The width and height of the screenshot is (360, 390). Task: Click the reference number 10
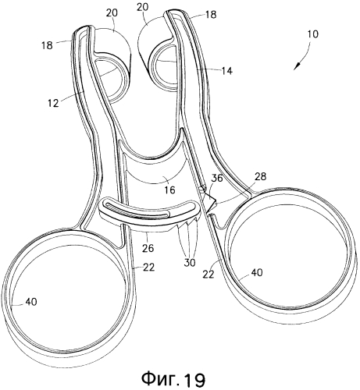313,34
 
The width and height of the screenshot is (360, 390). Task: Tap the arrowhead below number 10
297,66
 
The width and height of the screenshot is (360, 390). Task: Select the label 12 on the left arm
53,103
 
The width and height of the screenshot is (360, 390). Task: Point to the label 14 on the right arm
226,70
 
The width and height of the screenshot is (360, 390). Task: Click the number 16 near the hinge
169,190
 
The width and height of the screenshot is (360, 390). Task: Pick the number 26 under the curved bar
148,248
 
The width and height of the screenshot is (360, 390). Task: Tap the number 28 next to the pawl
261,176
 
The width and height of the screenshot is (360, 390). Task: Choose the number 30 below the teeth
190,263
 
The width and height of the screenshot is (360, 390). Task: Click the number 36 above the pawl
217,179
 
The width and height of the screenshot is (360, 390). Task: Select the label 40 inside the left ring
31,302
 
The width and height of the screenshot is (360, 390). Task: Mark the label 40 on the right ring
257,272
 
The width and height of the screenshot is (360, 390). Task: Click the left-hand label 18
47,45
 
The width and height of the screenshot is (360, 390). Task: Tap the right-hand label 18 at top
211,15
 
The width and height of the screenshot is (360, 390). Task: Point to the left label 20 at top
112,12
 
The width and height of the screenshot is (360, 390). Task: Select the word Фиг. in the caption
161,379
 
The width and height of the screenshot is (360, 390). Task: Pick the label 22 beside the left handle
149,267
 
